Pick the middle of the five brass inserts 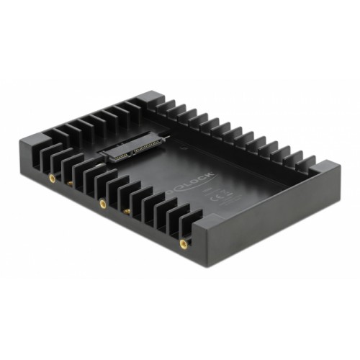[102, 204]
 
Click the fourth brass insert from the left [128, 211]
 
